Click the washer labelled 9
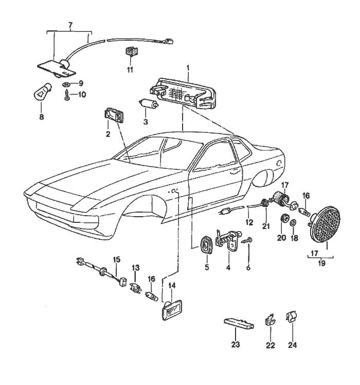click(67, 83)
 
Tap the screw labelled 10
click(67, 95)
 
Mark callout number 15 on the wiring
click(116, 260)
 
